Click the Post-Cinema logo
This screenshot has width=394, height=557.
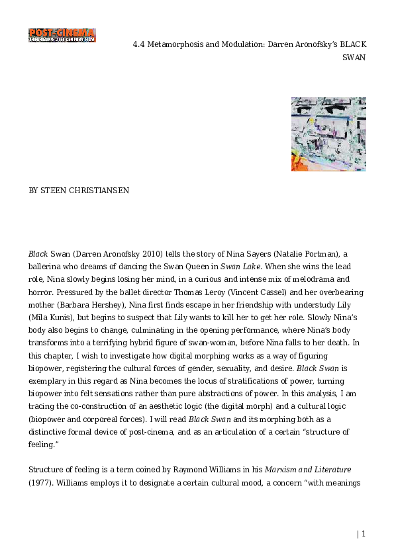62,35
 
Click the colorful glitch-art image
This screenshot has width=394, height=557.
328,134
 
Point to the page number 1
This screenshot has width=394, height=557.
363,534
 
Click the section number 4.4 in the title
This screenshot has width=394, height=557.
139,44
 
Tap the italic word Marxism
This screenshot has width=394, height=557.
282,470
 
